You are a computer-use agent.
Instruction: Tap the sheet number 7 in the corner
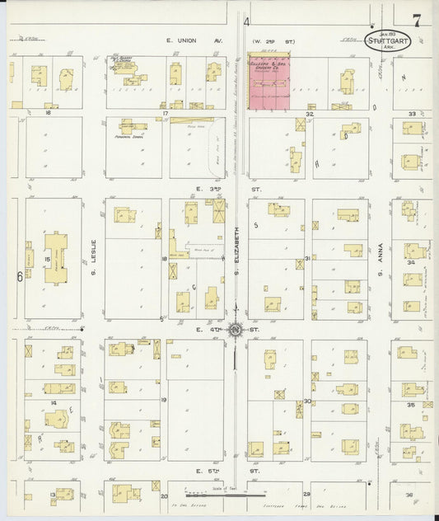[x=418, y=21]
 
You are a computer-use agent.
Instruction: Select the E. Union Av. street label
[x=182, y=40]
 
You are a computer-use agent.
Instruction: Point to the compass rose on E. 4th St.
[x=236, y=331]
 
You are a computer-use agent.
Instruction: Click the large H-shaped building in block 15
[x=55, y=258]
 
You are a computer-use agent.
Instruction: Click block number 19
[x=164, y=400]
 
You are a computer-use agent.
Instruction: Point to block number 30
[x=306, y=401]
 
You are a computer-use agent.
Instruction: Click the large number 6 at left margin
[x=19, y=277]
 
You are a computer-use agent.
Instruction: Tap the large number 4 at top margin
[x=247, y=22]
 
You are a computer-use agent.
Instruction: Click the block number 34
[x=410, y=263]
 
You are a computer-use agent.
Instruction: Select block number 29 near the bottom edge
[x=306, y=495]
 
